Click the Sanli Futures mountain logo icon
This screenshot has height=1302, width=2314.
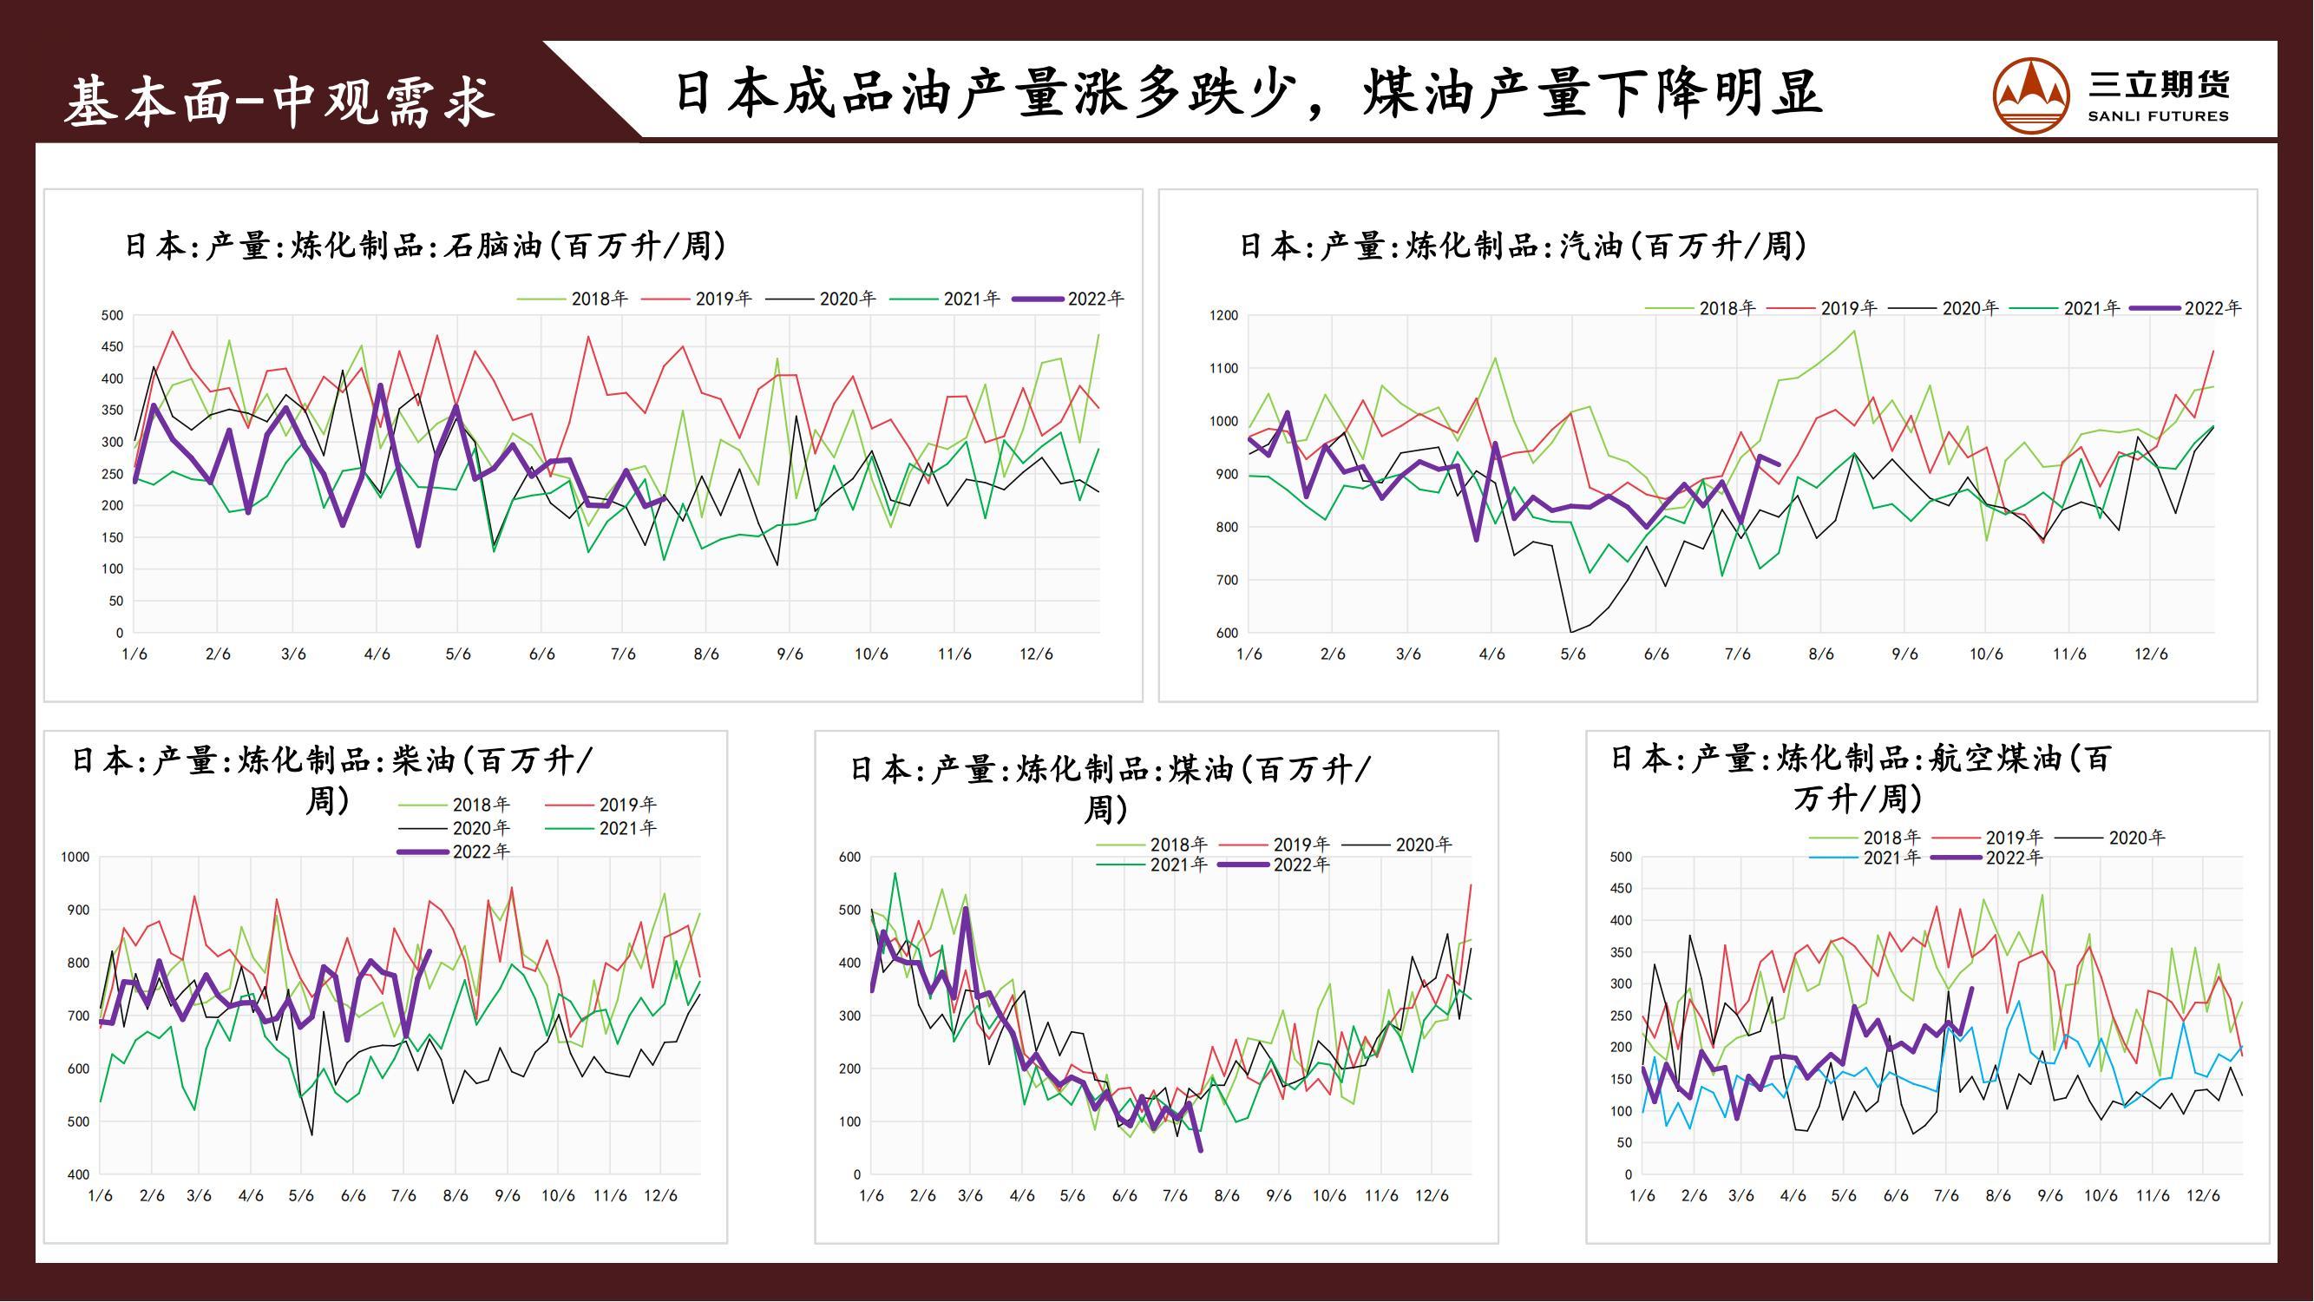[2030, 95]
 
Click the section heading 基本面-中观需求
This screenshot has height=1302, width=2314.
[279, 99]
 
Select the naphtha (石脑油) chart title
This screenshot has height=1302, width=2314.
[425, 246]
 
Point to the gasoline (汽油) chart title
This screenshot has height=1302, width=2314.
[1523, 246]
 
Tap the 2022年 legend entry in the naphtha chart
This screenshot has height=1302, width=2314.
[1069, 299]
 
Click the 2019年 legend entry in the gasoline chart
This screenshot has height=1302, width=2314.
[1823, 308]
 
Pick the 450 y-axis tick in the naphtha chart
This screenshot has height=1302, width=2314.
[112, 347]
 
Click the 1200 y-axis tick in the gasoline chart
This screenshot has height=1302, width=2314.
[1223, 315]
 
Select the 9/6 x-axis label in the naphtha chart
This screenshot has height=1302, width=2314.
[790, 654]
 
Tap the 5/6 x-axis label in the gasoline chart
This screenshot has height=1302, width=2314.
[1573, 654]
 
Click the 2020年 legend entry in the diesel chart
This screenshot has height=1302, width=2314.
[455, 827]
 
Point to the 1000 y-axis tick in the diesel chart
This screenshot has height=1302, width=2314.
[75, 858]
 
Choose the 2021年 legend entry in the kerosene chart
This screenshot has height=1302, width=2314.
[1152, 865]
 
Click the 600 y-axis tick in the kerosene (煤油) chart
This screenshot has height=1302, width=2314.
[849, 858]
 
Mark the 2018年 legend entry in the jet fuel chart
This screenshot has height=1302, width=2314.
[1865, 838]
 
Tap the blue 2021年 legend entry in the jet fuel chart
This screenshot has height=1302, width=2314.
[1865, 858]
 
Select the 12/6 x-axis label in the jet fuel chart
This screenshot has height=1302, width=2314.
[2203, 1196]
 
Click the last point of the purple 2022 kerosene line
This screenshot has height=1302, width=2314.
[1201, 1149]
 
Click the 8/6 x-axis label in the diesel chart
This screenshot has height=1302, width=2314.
[456, 1196]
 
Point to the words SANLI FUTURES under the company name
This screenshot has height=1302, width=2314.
[2158, 116]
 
